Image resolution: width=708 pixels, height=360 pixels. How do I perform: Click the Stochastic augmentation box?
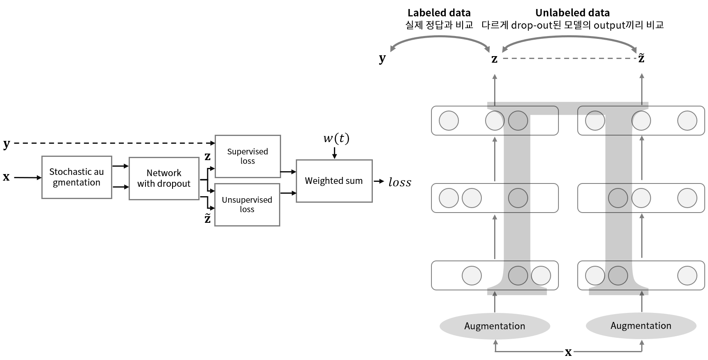coord(77,177)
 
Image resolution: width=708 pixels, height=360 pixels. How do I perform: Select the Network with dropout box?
coord(164,178)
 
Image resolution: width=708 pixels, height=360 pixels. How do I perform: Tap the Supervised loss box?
coord(247,156)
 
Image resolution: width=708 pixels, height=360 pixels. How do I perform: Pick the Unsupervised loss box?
coord(247,204)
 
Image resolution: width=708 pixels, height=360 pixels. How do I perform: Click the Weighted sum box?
coord(334,181)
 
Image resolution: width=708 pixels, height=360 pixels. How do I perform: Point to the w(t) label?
coord(336,138)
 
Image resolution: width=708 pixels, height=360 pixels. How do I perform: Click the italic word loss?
coord(399,182)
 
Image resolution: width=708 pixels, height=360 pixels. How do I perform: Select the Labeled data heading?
coord(439,13)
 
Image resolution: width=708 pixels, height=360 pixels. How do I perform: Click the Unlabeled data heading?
coord(572,13)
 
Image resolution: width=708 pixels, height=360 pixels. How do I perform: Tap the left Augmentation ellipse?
coord(495,326)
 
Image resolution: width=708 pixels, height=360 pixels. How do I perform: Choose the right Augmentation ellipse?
coord(641,326)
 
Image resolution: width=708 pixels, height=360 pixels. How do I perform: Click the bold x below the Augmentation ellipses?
coord(568,352)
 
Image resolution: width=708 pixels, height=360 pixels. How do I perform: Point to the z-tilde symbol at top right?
coord(641,58)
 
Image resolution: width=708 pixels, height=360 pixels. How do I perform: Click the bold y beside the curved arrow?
coord(382,58)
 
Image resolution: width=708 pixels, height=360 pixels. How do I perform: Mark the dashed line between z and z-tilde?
coord(569,59)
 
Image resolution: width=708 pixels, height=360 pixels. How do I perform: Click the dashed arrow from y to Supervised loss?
coord(111,143)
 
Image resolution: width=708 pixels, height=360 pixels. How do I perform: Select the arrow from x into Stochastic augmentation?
coord(27,177)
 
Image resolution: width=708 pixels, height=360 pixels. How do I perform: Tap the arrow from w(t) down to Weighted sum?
coord(334,153)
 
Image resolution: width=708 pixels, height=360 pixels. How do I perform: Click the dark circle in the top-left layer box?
coord(518,121)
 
